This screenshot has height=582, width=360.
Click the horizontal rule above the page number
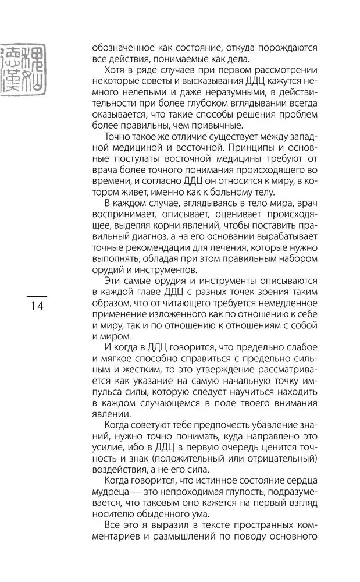[35, 296]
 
